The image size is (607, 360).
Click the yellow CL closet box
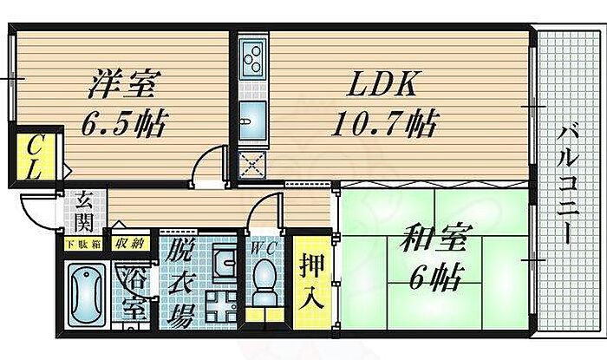(34, 157)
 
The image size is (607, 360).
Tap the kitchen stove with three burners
(252, 58)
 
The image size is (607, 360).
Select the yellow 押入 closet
(310, 282)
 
